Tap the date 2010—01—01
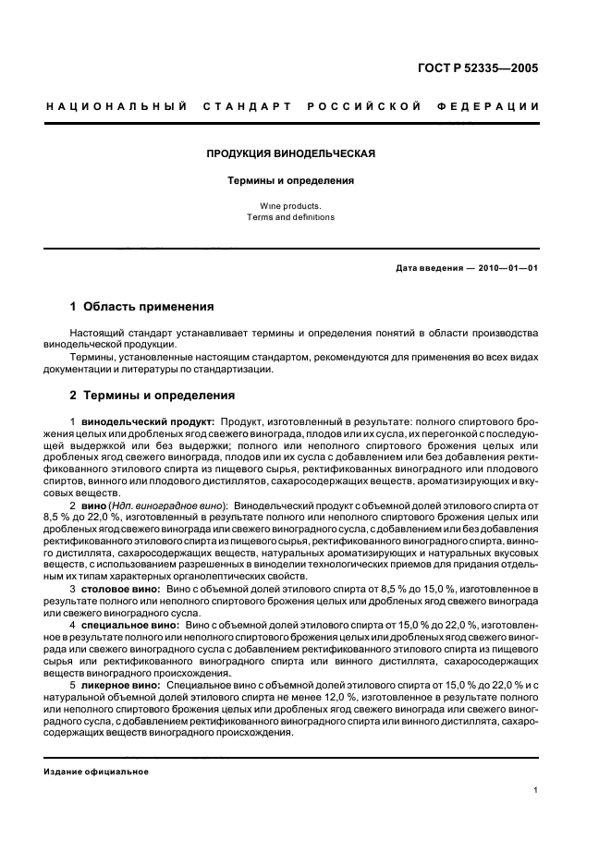[507, 268]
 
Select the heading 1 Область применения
[142, 306]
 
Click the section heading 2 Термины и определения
[153, 395]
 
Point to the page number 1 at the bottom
[536, 789]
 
